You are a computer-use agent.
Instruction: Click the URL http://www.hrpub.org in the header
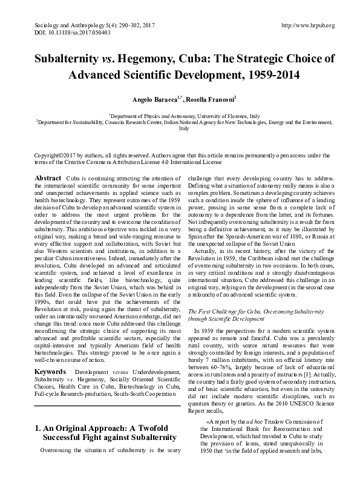click(x=309, y=25)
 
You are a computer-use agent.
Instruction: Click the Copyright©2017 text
click(x=53, y=156)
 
